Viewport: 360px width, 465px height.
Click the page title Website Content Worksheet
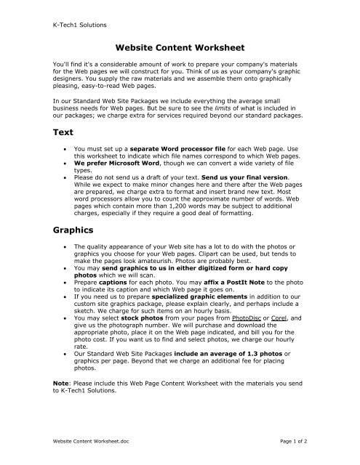pyautogui.click(x=180, y=49)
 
